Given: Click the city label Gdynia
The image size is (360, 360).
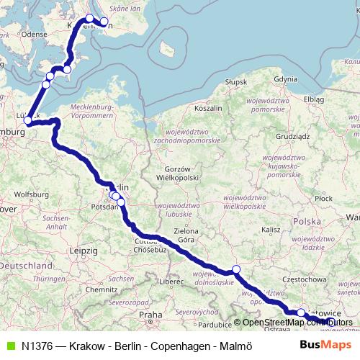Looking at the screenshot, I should (285, 78).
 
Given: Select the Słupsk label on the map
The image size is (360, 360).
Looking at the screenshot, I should (235, 83).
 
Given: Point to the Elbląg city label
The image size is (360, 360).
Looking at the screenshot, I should (315, 98).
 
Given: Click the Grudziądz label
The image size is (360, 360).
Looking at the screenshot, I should (292, 135).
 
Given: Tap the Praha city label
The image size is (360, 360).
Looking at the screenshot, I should (150, 315).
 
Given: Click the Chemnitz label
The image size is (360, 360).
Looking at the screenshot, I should (99, 289).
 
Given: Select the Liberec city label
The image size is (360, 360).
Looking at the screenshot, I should (173, 282).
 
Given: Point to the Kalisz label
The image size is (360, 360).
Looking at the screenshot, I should (270, 229).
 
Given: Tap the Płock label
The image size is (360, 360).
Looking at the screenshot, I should (324, 197).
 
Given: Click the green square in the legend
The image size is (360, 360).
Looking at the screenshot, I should (9, 346).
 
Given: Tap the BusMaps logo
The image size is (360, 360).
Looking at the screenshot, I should (325, 345).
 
